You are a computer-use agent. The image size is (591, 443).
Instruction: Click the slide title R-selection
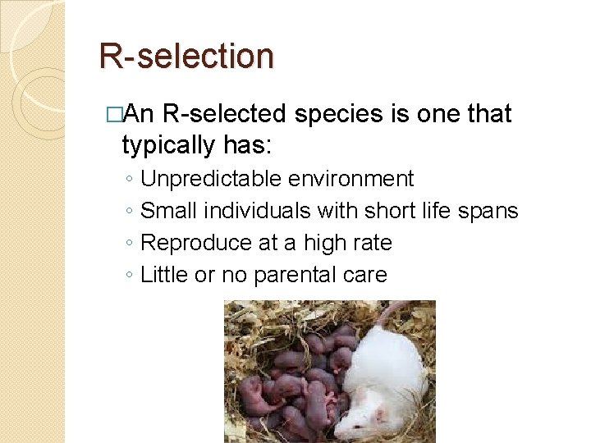[x=186, y=57]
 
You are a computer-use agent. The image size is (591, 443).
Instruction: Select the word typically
[x=165, y=145]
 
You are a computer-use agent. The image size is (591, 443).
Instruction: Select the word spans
[x=490, y=211]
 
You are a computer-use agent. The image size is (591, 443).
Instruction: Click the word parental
[x=286, y=275]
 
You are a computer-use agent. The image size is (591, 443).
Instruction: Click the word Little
[x=165, y=275]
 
